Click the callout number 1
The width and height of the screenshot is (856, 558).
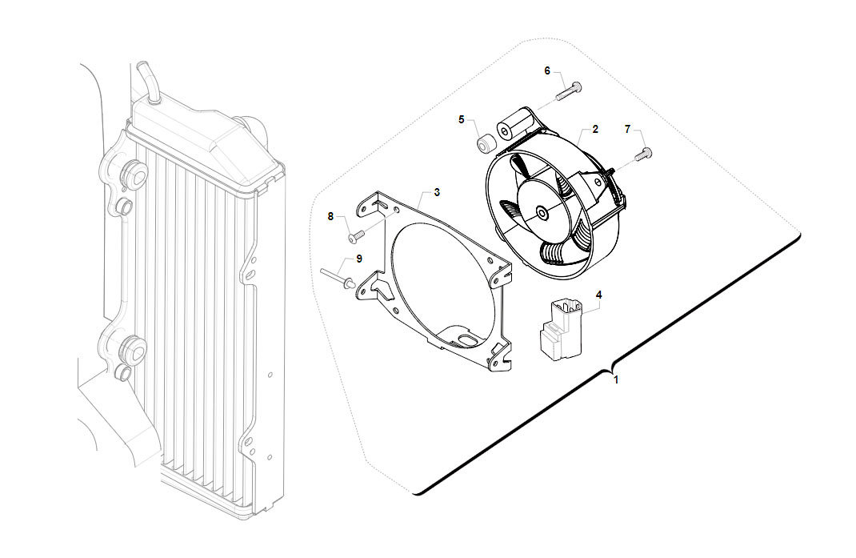pyautogui.click(x=616, y=379)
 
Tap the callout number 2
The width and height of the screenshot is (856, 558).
pyautogui.click(x=595, y=129)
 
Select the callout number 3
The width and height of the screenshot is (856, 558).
pyautogui.click(x=437, y=192)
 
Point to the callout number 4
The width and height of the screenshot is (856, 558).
pyautogui.click(x=599, y=295)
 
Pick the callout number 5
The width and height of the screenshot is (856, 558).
pyautogui.click(x=462, y=119)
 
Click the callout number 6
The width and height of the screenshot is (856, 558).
pyautogui.click(x=547, y=71)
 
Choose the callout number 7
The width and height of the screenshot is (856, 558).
pyautogui.click(x=627, y=129)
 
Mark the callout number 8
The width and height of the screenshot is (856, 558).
pyautogui.click(x=330, y=216)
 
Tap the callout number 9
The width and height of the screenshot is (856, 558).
pyautogui.click(x=358, y=259)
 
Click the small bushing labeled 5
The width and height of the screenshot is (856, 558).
pyautogui.click(x=485, y=144)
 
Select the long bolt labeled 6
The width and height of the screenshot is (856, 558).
pyautogui.click(x=569, y=90)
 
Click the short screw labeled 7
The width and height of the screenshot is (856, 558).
pyautogui.click(x=643, y=155)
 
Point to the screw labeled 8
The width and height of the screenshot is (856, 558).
pyautogui.click(x=355, y=236)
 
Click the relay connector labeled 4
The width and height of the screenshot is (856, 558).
pyautogui.click(x=560, y=330)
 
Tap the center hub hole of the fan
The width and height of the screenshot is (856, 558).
pyautogui.click(x=541, y=213)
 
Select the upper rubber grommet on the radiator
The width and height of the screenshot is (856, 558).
pyautogui.click(x=134, y=173)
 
